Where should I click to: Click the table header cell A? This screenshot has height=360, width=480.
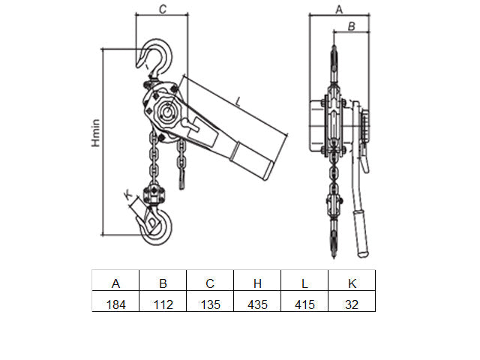click(115, 280)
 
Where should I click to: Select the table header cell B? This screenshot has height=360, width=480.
click(163, 280)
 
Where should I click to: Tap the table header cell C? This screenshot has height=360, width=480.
click(210, 280)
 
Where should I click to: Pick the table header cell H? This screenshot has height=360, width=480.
click(257, 280)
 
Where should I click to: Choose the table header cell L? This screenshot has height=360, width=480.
click(304, 280)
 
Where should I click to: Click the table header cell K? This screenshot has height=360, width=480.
click(352, 280)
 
